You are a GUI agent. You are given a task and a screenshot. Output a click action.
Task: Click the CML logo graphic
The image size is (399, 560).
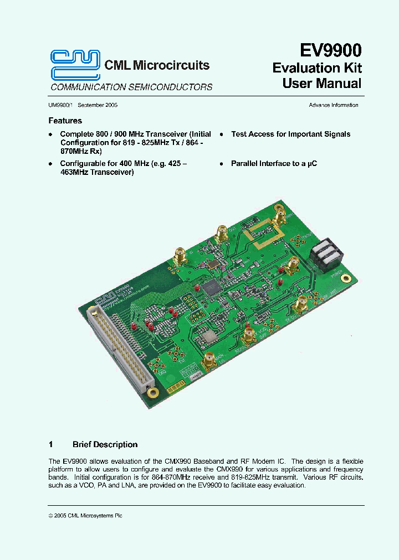[75, 65]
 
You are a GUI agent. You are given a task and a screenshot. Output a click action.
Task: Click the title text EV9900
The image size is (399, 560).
[330, 51]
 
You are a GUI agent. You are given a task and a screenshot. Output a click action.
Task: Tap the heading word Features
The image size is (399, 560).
[65, 121]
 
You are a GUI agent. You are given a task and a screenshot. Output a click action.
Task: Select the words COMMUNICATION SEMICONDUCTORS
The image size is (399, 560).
[131, 87]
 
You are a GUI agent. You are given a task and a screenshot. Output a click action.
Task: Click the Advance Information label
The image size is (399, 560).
[333, 105]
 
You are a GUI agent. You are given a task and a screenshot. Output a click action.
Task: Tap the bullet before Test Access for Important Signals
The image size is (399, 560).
[221, 134]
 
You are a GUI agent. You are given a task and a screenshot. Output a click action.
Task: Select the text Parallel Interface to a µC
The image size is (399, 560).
[274, 164]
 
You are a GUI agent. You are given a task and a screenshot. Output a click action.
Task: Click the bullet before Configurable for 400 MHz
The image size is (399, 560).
[50, 164]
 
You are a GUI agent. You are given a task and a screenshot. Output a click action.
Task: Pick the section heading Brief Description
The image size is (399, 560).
[105, 444]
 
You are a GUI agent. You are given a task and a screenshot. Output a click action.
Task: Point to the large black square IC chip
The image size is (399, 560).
[213, 287]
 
